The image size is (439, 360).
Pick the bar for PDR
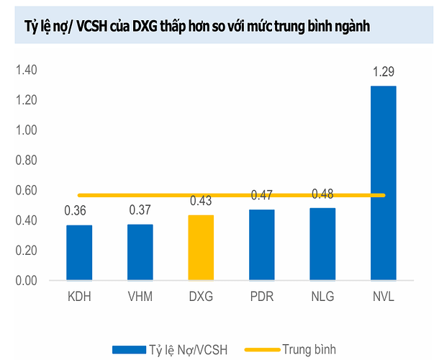click(x=262, y=244)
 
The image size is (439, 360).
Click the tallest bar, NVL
click(x=383, y=183)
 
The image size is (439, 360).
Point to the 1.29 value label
click(x=383, y=72)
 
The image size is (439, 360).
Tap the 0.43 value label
click(x=201, y=201)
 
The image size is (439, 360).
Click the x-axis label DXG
click(x=201, y=297)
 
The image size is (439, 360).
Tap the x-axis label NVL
click(x=384, y=297)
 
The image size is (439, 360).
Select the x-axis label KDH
click(x=78, y=297)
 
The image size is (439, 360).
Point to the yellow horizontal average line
click(x=231, y=195)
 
